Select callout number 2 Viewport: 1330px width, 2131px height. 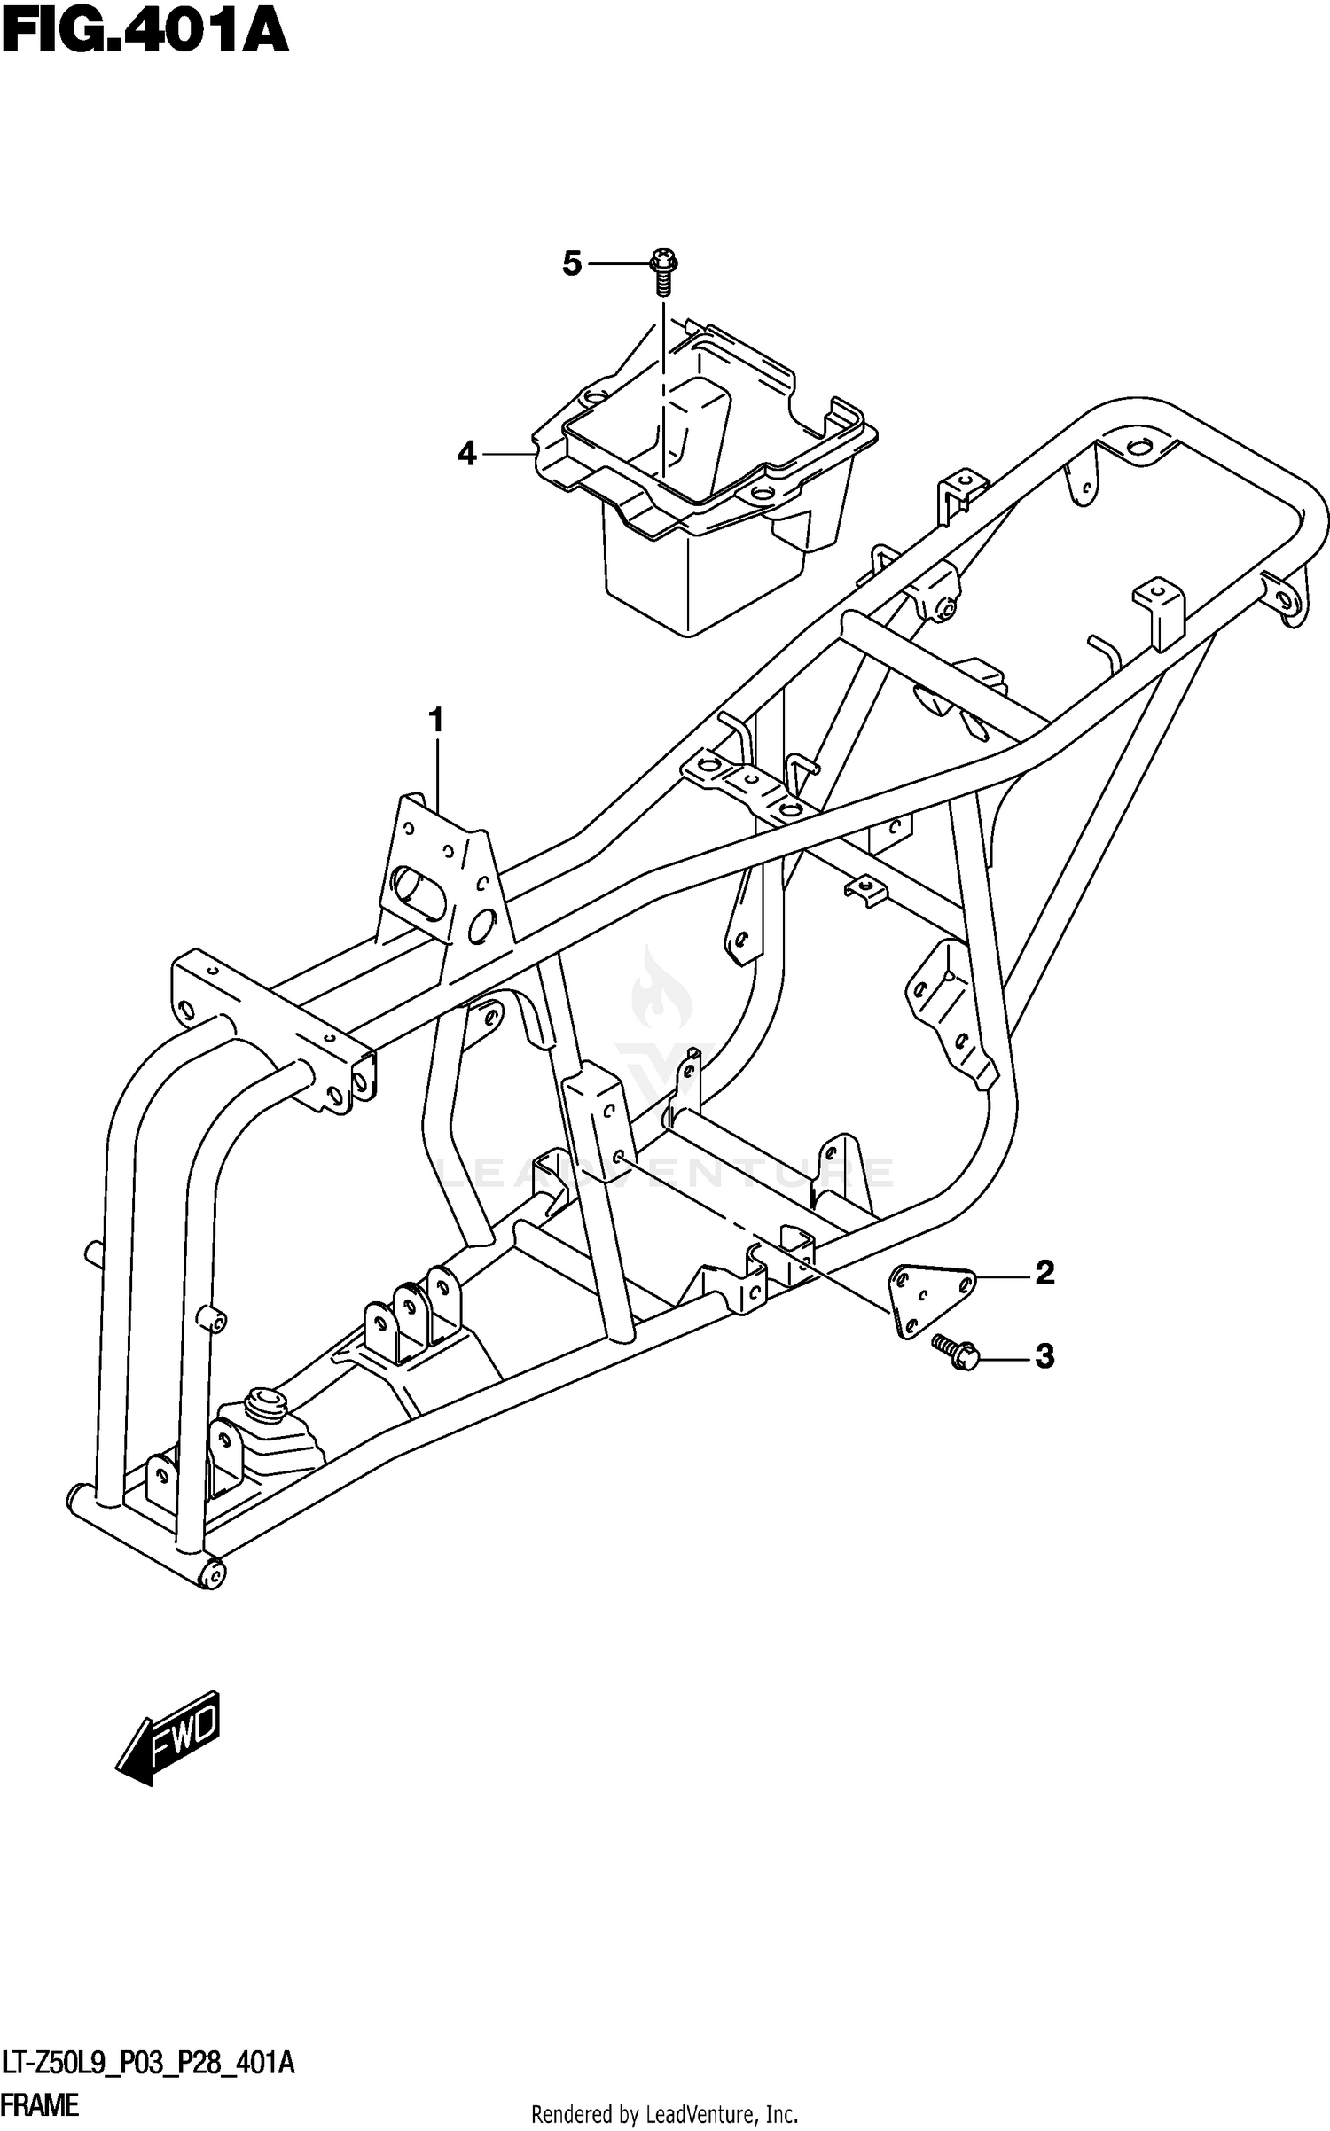pyautogui.click(x=1044, y=1273)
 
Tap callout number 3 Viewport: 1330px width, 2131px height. pyautogui.click(x=1044, y=1355)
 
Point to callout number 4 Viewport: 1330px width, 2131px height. pyautogui.click(x=467, y=454)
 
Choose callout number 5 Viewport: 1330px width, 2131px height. pyautogui.click(x=572, y=263)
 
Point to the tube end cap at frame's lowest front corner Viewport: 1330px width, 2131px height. pyautogui.click(x=214, y=1573)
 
